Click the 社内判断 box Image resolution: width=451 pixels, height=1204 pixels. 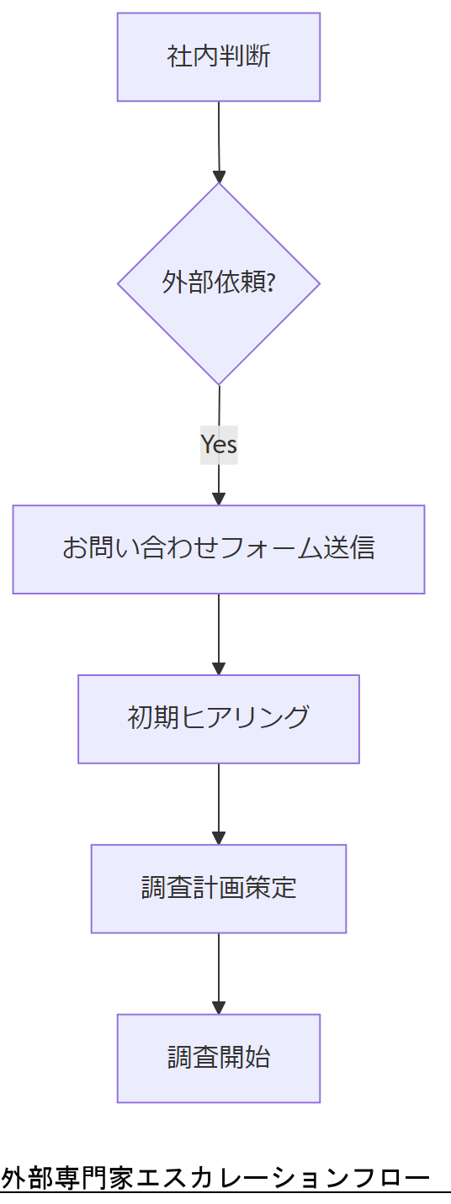pyautogui.click(x=219, y=57)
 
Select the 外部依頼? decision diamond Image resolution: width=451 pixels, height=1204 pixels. pyautogui.click(x=219, y=283)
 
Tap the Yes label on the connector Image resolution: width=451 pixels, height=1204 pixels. pyautogui.click(x=219, y=444)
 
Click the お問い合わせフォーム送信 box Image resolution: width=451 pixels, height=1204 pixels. pyautogui.click(x=219, y=549)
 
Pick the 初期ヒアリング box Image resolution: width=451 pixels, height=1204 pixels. pyautogui.click(x=219, y=719)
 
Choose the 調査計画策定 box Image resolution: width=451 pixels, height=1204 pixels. pyautogui.click(x=219, y=889)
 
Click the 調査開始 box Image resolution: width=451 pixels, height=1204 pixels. pyautogui.click(x=219, y=1058)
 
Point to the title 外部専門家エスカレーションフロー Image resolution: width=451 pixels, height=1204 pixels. pyautogui.click(x=215, y=1178)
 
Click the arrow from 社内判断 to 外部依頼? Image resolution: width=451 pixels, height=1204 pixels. pyautogui.click(x=219, y=139)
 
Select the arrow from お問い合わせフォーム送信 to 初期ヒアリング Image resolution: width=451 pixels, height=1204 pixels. pyautogui.click(x=219, y=631)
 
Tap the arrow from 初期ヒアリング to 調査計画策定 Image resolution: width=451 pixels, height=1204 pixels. pyautogui.click(x=219, y=800)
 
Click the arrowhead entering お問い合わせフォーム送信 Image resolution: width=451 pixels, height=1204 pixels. pyautogui.click(x=219, y=499)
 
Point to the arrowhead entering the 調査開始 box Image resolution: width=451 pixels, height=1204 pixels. pyautogui.click(x=219, y=1007)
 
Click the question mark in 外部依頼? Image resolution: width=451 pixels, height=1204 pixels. pyautogui.click(x=270, y=283)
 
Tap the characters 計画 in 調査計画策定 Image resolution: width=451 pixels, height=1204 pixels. pyautogui.click(x=219, y=889)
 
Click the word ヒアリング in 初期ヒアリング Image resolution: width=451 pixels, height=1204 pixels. pyautogui.click(x=245, y=719)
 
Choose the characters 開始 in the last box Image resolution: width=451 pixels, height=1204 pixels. pyautogui.click(x=245, y=1058)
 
